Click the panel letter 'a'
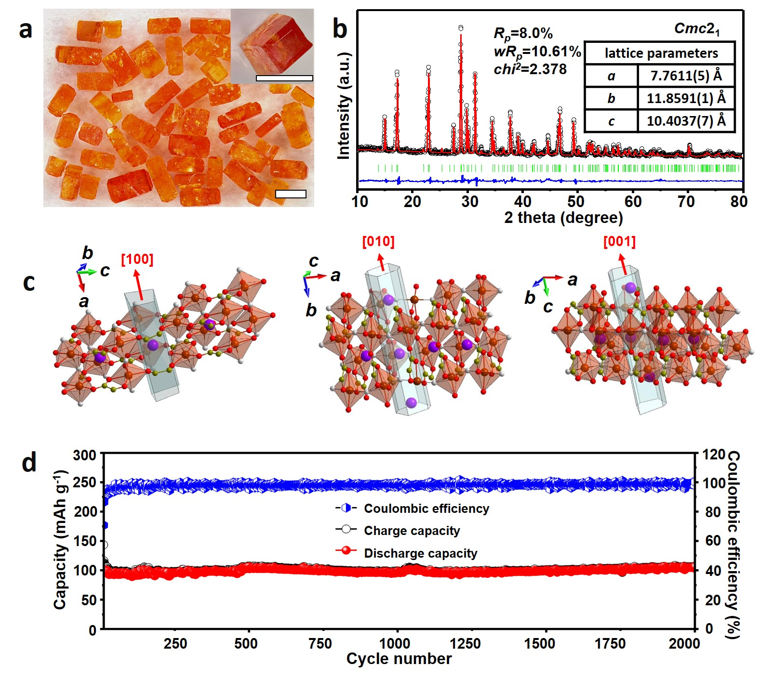pos(26,30)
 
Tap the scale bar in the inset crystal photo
pos(284,78)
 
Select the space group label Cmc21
pos(696,29)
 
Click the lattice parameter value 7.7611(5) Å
pos(686,76)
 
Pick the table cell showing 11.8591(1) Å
pos(686,98)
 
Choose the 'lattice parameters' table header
pos(661,53)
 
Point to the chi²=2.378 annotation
pos(530,69)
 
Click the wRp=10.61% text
pos(537,52)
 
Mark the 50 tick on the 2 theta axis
pos(576,201)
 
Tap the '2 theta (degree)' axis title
pos(563,218)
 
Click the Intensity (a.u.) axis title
pos(343,105)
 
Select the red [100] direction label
pos(137,259)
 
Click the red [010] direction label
pos(378,242)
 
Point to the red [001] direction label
pos(619,242)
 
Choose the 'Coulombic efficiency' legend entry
pos(426,508)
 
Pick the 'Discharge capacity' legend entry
pos(420,553)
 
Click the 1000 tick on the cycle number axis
pos(395,643)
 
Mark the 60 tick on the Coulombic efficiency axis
pos(713,541)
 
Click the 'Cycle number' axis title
pos(399,659)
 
